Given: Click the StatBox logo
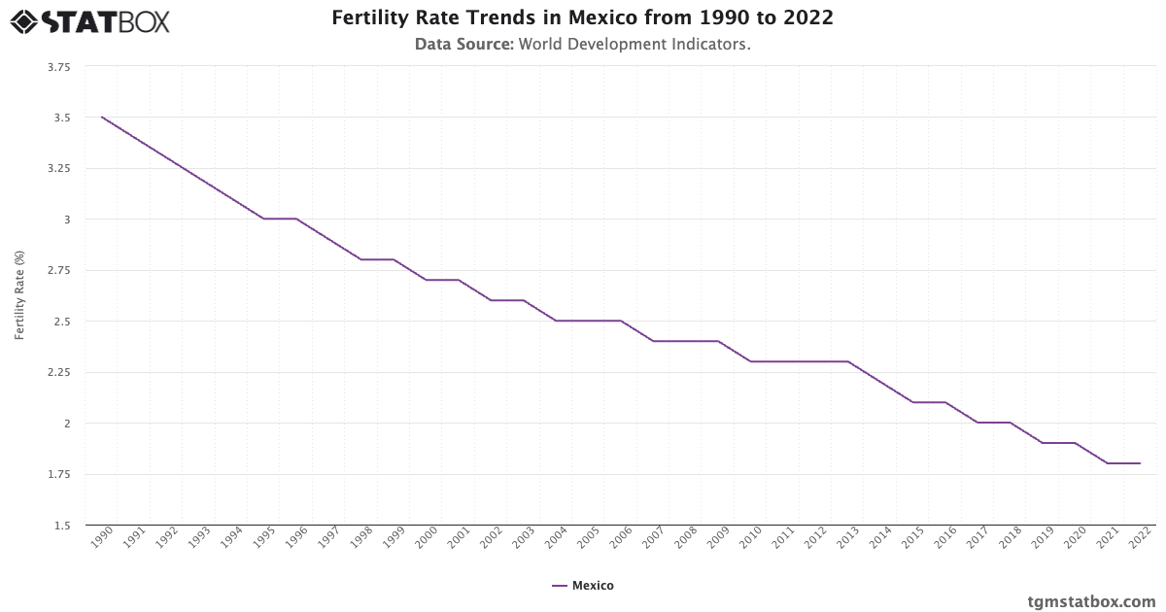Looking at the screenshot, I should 89,21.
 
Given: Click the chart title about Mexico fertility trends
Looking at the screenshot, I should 582,18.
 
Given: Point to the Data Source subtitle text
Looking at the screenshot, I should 582,44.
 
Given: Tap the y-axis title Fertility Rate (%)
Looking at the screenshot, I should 19,295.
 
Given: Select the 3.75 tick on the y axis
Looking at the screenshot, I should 57,67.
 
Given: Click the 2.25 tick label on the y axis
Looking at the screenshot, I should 57,372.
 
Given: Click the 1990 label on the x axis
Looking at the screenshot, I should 102,539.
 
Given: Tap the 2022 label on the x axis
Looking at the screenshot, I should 1140,539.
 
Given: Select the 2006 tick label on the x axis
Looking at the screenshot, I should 621,539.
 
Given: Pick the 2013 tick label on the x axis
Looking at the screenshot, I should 848,539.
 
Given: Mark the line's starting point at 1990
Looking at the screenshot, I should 102,118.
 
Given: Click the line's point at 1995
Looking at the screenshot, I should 264,219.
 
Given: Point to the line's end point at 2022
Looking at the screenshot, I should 1140,463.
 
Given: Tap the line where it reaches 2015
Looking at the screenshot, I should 912,402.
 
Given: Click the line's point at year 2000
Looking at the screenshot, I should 427,280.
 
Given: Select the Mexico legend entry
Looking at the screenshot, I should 583,586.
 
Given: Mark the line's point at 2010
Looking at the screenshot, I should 751,361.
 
